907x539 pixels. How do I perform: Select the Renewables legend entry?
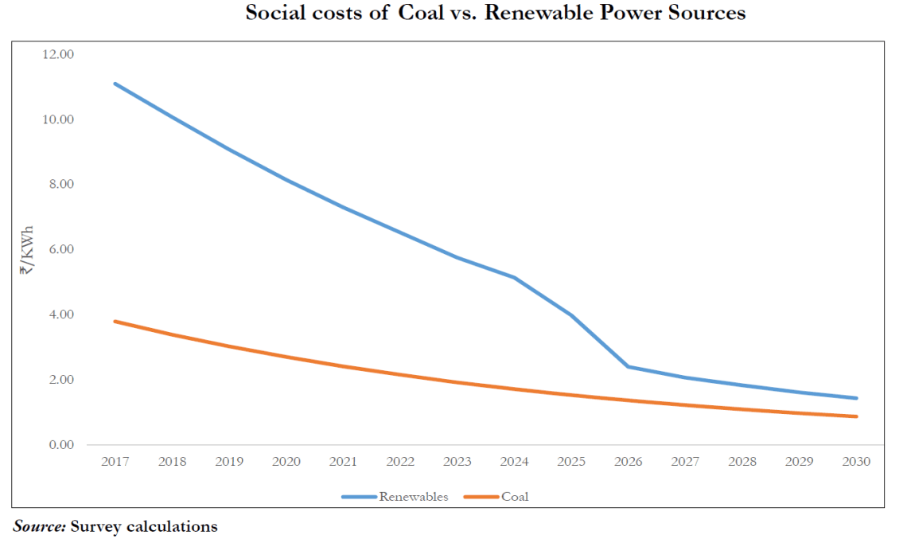pyautogui.click(x=413, y=497)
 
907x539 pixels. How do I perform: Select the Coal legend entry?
pyautogui.click(x=515, y=497)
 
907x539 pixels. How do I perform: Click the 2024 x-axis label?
pyautogui.click(x=514, y=462)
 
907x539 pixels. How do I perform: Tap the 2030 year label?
pyautogui.click(x=857, y=462)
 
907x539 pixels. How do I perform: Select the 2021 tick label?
pyautogui.click(x=343, y=462)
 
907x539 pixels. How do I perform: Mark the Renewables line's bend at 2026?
pyautogui.click(x=629, y=366)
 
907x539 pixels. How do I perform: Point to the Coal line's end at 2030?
pyautogui.click(x=857, y=416)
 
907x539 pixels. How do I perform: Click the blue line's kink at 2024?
pyautogui.click(x=514, y=277)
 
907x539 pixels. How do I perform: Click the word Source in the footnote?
pyautogui.click(x=39, y=526)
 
